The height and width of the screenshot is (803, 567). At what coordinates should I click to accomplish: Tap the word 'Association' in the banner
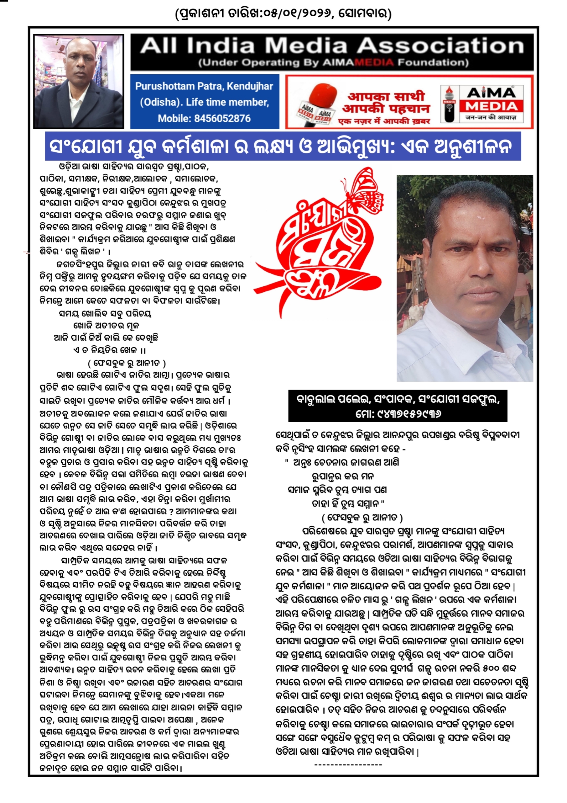[440, 46]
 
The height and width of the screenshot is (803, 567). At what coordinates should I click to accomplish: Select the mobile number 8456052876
[222, 118]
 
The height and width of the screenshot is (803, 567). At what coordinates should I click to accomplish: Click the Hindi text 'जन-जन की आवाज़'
[491, 118]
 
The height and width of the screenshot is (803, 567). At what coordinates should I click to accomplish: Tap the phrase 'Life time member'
[227, 102]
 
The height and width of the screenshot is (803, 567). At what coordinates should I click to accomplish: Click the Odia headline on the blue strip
[283, 146]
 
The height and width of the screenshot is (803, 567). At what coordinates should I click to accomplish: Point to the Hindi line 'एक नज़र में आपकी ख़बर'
[384, 121]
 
